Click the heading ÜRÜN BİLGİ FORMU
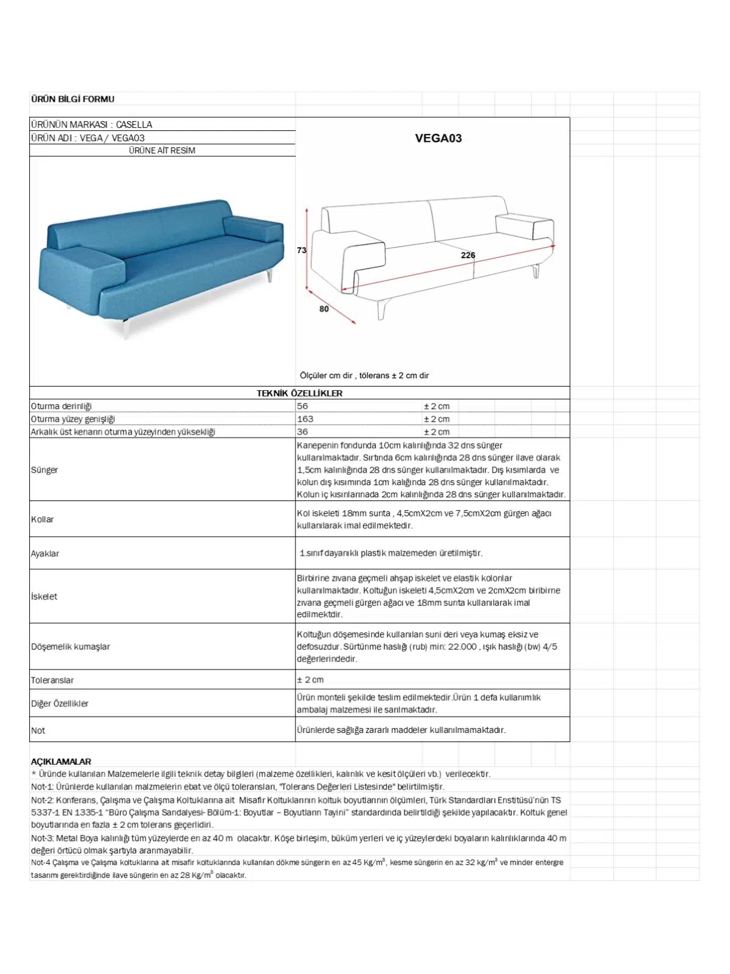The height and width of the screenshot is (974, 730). (72, 99)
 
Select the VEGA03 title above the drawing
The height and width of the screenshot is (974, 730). (438, 138)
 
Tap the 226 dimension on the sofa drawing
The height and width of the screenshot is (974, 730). (468, 255)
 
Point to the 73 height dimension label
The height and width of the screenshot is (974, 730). (302, 250)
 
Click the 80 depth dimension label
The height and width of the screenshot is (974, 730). (324, 309)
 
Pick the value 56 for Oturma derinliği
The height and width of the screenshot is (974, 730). (302, 406)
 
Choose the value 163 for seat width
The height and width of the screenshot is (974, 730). (305, 419)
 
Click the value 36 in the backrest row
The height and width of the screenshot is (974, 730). (302, 432)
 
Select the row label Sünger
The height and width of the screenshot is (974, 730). (44, 470)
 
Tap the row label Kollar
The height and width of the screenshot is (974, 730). (43, 519)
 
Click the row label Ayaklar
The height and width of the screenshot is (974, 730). (45, 553)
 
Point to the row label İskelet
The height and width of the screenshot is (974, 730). (44, 597)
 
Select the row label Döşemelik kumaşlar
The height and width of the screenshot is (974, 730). (71, 646)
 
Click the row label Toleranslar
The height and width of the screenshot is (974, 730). (52, 680)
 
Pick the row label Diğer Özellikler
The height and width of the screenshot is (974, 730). (60, 704)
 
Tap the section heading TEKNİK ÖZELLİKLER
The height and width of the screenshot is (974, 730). (299, 393)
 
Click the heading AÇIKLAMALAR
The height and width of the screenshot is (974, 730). (61, 762)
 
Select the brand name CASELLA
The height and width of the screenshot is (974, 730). (134, 124)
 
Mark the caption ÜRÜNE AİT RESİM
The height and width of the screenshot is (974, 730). (162, 150)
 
